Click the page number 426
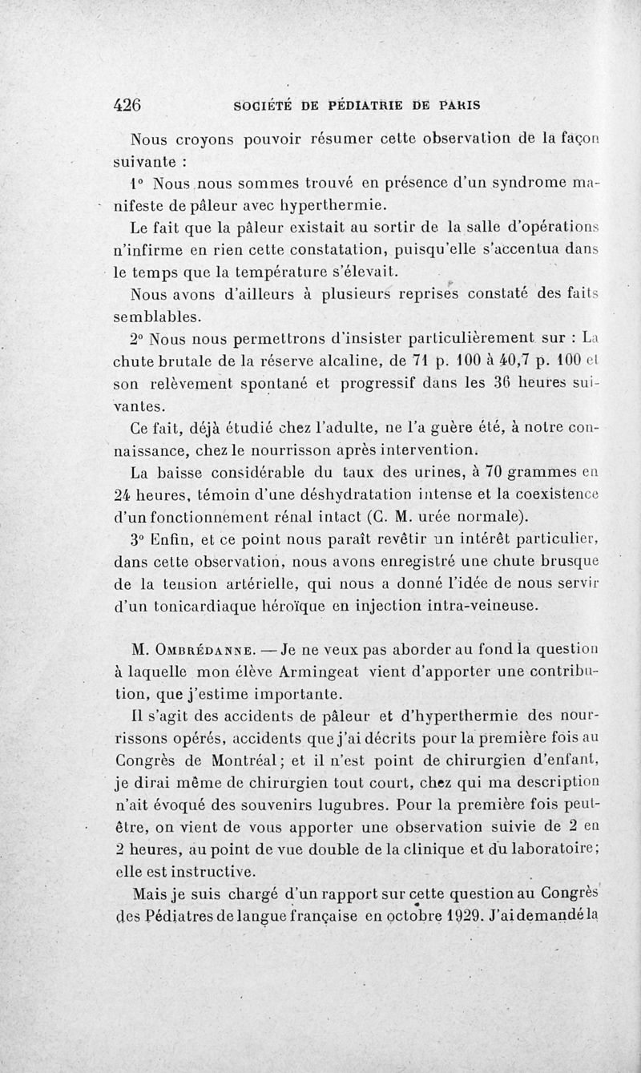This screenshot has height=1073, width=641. tap(128, 105)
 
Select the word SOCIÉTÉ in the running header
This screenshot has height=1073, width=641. tap(266, 105)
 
